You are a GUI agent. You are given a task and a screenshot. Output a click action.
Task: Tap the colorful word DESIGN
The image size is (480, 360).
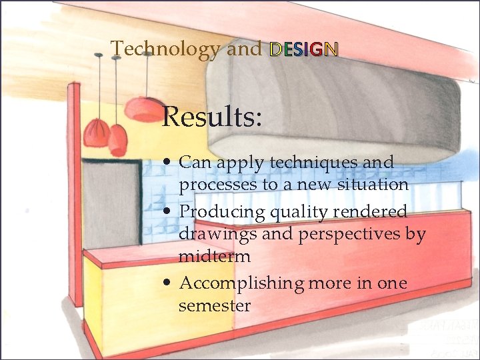(304, 49)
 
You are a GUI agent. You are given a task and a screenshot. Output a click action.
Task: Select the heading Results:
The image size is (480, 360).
(212, 117)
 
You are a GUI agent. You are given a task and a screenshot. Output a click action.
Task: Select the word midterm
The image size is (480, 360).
(215, 257)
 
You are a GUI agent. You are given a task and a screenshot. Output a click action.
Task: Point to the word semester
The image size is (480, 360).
(215, 306)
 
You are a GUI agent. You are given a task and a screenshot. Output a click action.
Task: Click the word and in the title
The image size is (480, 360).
(244, 49)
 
